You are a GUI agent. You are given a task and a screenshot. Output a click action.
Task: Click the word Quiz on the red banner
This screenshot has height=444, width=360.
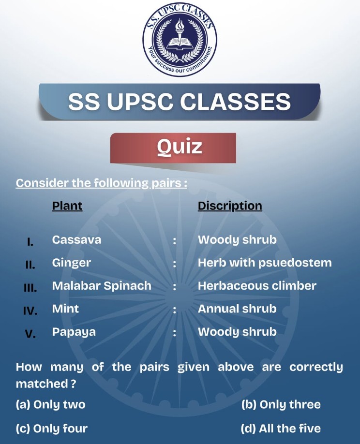180,147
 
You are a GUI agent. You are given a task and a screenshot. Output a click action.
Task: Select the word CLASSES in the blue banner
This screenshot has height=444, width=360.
236,102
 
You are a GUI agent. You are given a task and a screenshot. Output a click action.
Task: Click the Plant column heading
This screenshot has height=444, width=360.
67,206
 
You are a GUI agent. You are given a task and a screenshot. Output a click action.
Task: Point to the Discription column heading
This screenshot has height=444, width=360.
230,206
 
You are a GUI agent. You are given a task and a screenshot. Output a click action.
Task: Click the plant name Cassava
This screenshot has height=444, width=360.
76,240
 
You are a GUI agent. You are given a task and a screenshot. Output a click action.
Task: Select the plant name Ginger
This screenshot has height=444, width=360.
72,263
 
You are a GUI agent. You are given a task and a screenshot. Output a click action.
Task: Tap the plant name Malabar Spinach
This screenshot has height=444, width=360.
102,286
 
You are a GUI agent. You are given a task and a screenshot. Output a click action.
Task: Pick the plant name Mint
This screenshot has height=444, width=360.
65,309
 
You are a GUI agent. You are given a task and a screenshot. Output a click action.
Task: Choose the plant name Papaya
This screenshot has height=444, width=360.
74,332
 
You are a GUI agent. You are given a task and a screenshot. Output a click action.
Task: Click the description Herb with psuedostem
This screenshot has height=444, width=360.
265,263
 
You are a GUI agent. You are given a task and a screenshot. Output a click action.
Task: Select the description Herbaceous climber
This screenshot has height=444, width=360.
257,286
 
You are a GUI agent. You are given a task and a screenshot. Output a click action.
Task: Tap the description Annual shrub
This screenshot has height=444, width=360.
237,309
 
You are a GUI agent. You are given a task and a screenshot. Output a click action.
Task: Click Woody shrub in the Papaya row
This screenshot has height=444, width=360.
237,332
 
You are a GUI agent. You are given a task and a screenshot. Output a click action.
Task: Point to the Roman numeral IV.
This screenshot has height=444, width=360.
30,311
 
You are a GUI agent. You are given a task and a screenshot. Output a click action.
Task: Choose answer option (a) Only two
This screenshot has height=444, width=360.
50,405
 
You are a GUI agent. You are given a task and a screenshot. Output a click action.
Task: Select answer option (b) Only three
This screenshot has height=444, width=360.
281,405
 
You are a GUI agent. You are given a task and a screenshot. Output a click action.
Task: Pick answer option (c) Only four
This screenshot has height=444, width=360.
52,429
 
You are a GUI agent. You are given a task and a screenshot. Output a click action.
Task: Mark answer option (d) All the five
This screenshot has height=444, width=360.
281,429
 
